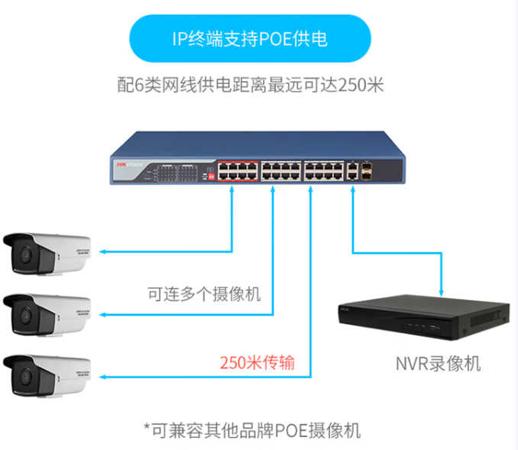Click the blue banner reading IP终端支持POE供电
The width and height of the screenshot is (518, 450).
[250, 38]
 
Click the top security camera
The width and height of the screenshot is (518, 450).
[47, 253]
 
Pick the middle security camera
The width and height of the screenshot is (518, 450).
[47, 313]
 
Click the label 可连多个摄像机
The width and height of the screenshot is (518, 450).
[204, 293]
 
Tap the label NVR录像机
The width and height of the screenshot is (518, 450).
[438, 364]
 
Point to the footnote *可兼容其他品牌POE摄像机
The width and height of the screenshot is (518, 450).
[252, 429]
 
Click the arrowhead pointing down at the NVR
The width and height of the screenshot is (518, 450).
[442, 291]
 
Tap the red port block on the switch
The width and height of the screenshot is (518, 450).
[237, 170]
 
